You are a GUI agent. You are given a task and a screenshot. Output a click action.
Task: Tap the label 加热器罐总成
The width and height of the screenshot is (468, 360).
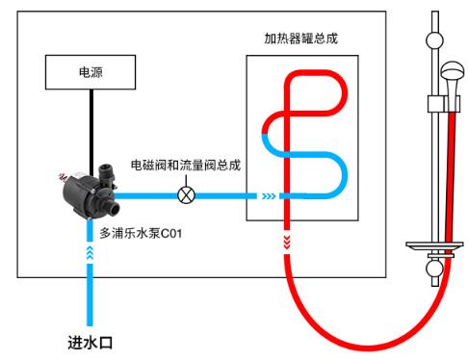300,39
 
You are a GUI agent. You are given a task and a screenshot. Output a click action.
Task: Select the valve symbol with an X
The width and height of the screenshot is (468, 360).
187,194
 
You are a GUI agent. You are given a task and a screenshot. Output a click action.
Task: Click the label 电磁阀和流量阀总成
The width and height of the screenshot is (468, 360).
185,165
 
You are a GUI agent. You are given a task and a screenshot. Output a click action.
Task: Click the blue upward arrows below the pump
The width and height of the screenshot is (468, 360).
90,251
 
